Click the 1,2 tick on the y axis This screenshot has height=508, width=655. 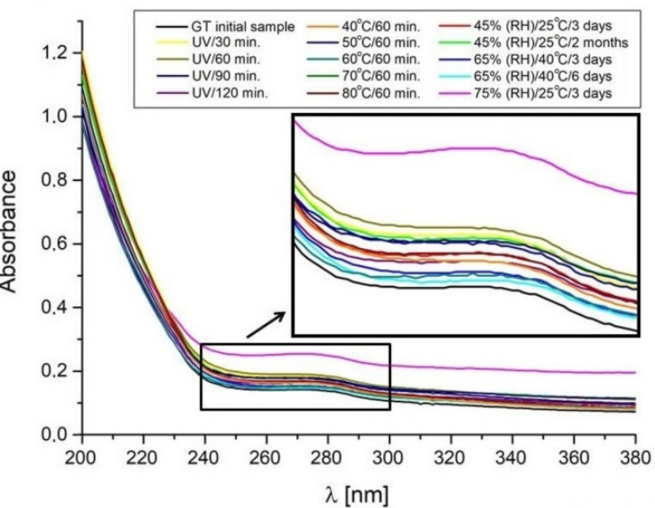[x=54, y=53]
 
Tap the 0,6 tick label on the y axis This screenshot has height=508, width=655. [x=54, y=244]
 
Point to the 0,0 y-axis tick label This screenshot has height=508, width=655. [x=54, y=434]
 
